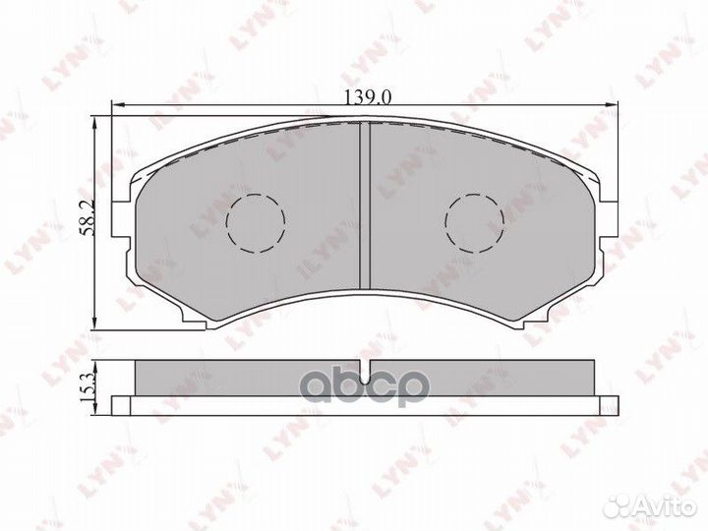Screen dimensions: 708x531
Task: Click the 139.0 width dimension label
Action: (x=368, y=97)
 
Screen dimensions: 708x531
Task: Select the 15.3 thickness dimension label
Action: (x=88, y=388)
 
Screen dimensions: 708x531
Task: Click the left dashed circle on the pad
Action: (x=256, y=223)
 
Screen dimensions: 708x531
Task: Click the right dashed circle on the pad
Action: (x=474, y=223)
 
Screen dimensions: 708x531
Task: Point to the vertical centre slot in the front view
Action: (x=365, y=205)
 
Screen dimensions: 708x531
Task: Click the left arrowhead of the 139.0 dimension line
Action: (x=117, y=105)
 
